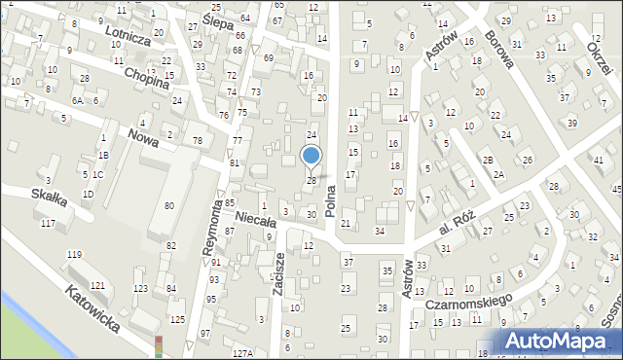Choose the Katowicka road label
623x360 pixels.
(92, 308)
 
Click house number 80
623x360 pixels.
(169, 205)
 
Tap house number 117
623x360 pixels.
(48, 224)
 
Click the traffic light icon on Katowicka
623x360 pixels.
(159, 346)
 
